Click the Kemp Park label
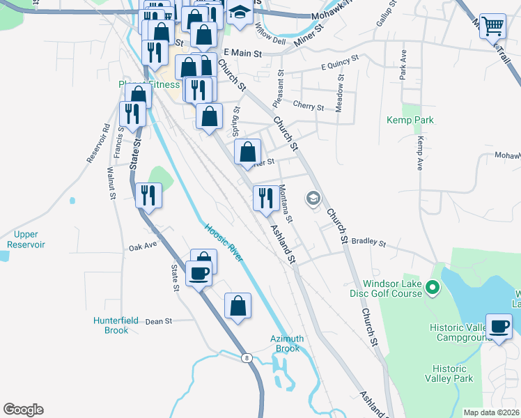410,120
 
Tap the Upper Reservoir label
26,240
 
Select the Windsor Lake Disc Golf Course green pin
432,286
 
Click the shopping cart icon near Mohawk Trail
492,26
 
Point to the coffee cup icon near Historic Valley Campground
499,327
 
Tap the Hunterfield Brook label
111,325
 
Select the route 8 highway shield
246,358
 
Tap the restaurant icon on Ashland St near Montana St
265,199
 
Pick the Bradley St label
368,242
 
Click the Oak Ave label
143,247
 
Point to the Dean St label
158,321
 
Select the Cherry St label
309,107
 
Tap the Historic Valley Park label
452,373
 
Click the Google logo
23,410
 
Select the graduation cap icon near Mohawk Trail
240,13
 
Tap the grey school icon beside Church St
313,200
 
